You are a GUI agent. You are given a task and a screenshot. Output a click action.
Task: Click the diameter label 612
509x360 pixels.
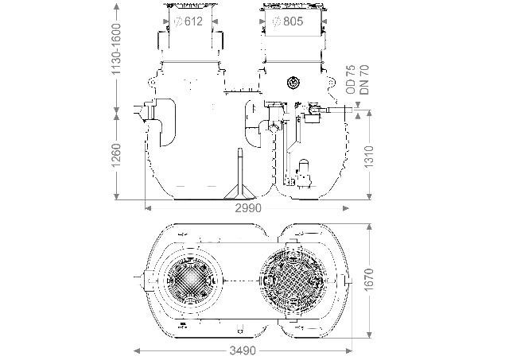(x=196, y=21)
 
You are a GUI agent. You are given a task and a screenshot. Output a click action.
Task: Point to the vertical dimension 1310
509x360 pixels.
(x=367, y=157)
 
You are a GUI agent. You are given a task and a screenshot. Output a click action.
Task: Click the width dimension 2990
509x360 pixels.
(x=245, y=209)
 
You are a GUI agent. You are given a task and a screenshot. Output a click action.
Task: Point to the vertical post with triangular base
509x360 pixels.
(x=239, y=178)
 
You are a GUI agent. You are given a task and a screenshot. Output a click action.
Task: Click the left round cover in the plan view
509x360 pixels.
(x=191, y=282)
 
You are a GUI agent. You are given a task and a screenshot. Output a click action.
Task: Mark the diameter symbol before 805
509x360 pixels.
(x=274, y=21)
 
